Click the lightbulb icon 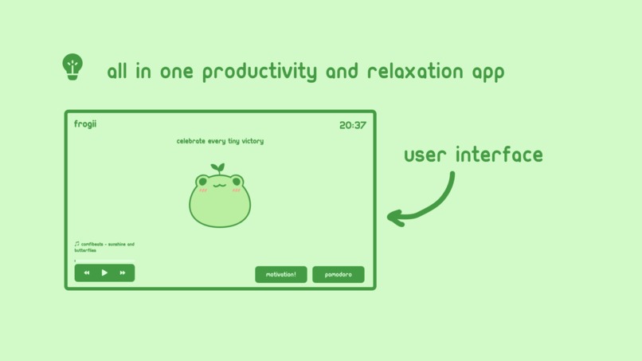pos(72,67)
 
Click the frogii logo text pos(85,124)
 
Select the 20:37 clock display pos(352,125)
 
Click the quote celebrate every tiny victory pos(220,141)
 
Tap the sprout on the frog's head pos(217,168)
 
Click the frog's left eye pos(202,182)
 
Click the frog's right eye pos(237,182)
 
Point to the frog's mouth pos(219,185)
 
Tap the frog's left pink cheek pos(202,190)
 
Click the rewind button pos(87,273)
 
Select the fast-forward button pos(123,273)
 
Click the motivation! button pos(280,274)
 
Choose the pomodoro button pos(338,274)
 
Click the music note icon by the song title pos(77,245)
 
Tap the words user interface pos(473,155)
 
